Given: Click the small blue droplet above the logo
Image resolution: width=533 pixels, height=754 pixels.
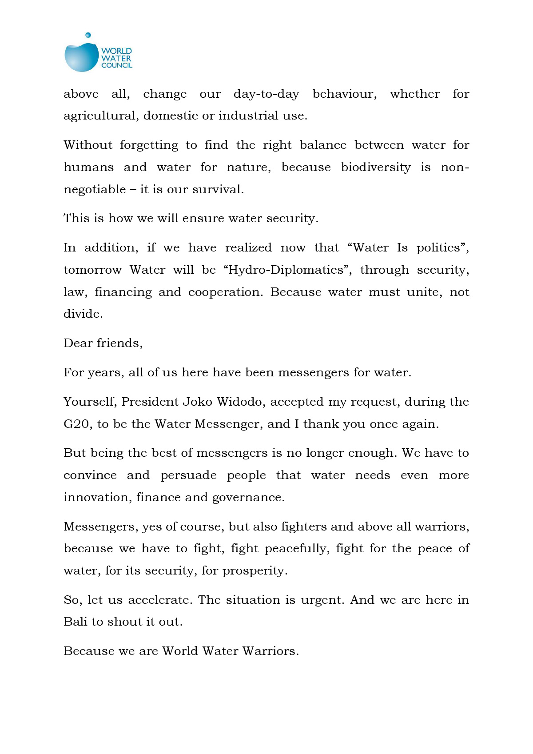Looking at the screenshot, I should pyautogui.click(x=88, y=35).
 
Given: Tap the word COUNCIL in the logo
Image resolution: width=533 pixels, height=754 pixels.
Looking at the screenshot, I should pyautogui.click(x=117, y=65).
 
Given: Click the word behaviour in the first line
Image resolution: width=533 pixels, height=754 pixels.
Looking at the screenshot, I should pyautogui.click(x=344, y=94).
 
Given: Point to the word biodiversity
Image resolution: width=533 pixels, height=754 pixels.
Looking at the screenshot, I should pyautogui.click(x=376, y=168).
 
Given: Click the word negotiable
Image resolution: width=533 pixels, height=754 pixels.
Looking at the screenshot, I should pyautogui.click(x=95, y=190).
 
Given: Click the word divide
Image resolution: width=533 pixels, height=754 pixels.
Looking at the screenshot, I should pyautogui.click(x=83, y=314).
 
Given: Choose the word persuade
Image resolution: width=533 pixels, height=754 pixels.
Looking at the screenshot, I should pyautogui.click(x=188, y=476).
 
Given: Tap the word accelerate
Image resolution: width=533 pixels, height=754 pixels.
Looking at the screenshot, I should pyautogui.click(x=160, y=600).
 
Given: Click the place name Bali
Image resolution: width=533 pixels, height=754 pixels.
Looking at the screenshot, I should pyautogui.click(x=75, y=622).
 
